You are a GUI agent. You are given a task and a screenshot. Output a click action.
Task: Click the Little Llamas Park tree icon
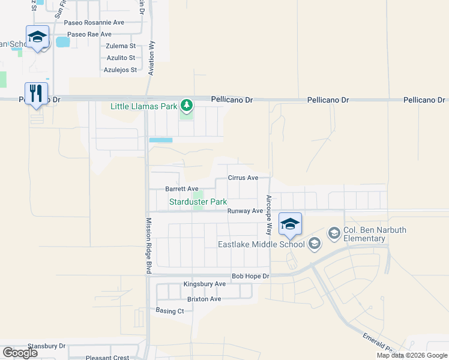pos(187,106)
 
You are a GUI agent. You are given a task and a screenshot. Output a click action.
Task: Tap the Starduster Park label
pos(197,202)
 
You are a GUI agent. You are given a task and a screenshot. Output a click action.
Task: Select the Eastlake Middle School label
pos(261,244)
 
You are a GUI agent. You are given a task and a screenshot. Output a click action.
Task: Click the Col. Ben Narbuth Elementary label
pos(364,235)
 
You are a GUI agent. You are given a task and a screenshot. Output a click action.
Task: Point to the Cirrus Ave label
pos(243,178)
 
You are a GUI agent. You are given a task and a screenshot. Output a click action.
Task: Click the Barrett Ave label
pos(182,188)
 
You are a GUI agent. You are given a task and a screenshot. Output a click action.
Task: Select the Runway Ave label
pos(245,211)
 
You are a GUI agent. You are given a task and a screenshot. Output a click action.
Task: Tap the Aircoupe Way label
pos(269,214)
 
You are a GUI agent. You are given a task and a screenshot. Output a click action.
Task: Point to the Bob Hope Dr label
pos(252,276)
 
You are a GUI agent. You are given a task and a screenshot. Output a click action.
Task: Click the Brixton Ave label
pos(204,299)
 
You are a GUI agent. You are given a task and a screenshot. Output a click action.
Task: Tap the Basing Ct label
pos(170,311)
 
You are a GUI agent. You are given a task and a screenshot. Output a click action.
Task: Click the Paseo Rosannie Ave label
pos(94,22)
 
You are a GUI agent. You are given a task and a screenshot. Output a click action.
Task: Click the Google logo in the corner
pos(20,353)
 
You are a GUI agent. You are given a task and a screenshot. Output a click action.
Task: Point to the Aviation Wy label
pos(151,58)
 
